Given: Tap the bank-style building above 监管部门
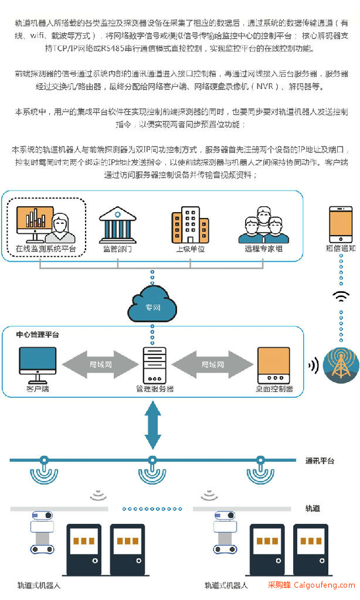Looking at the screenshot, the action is (118, 225).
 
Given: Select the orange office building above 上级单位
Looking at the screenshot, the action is (190, 225).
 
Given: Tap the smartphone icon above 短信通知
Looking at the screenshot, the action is (341, 224).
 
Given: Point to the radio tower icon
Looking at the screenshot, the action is (341, 365).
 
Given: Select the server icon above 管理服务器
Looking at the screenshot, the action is (154, 365).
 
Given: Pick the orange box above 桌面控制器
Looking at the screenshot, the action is (274, 365).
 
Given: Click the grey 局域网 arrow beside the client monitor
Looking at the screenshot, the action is (100, 364).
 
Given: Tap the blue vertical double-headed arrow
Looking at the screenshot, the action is (152, 425).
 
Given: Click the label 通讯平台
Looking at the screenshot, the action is (320, 461).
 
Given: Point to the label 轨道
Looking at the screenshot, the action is (313, 508).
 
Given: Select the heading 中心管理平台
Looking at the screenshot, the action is (38, 335).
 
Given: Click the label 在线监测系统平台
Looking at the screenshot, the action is (46, 248).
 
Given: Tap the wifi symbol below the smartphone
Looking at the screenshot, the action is (341, 296).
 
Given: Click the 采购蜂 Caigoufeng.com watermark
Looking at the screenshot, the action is (311, 585).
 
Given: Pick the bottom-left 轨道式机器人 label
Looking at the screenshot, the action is (39, 585).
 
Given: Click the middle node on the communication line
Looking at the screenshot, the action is (152, 459).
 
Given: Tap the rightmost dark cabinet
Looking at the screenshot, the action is (311, 550).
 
